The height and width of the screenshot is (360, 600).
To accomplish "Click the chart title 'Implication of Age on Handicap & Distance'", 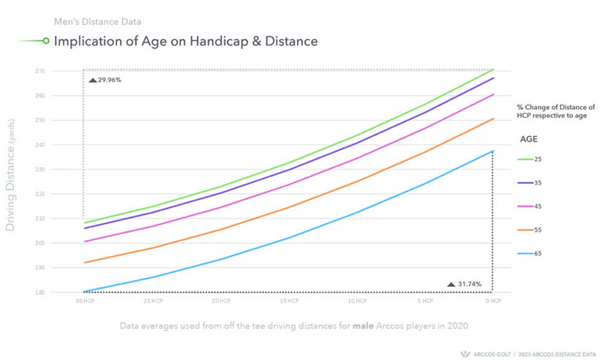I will pyautogui.click(x=186, y=42).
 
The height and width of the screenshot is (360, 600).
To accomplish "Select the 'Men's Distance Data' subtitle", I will pyautogui.click(x=98, y=21).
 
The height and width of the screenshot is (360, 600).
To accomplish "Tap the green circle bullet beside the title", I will pyautogui.click(x=46, y=42).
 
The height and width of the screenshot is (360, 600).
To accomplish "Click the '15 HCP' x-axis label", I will pyautogui.click(x=289, y=301).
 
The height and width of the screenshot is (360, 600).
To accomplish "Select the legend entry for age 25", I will pyautogui.click(x=537, y=159).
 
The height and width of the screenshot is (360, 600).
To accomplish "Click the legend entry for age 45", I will pyautogui.click(x=537, y=206).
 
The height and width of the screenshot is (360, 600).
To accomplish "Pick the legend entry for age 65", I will pyautogui.click(x=537, y=254).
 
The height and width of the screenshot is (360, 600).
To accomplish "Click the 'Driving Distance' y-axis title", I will pyautogui.click(x=11, y=187).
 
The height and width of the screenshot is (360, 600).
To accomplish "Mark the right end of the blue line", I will pyautogui.click(x=493, y=151).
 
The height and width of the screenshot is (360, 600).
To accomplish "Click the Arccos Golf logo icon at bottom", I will pyautogui.click(x=463, y=352).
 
